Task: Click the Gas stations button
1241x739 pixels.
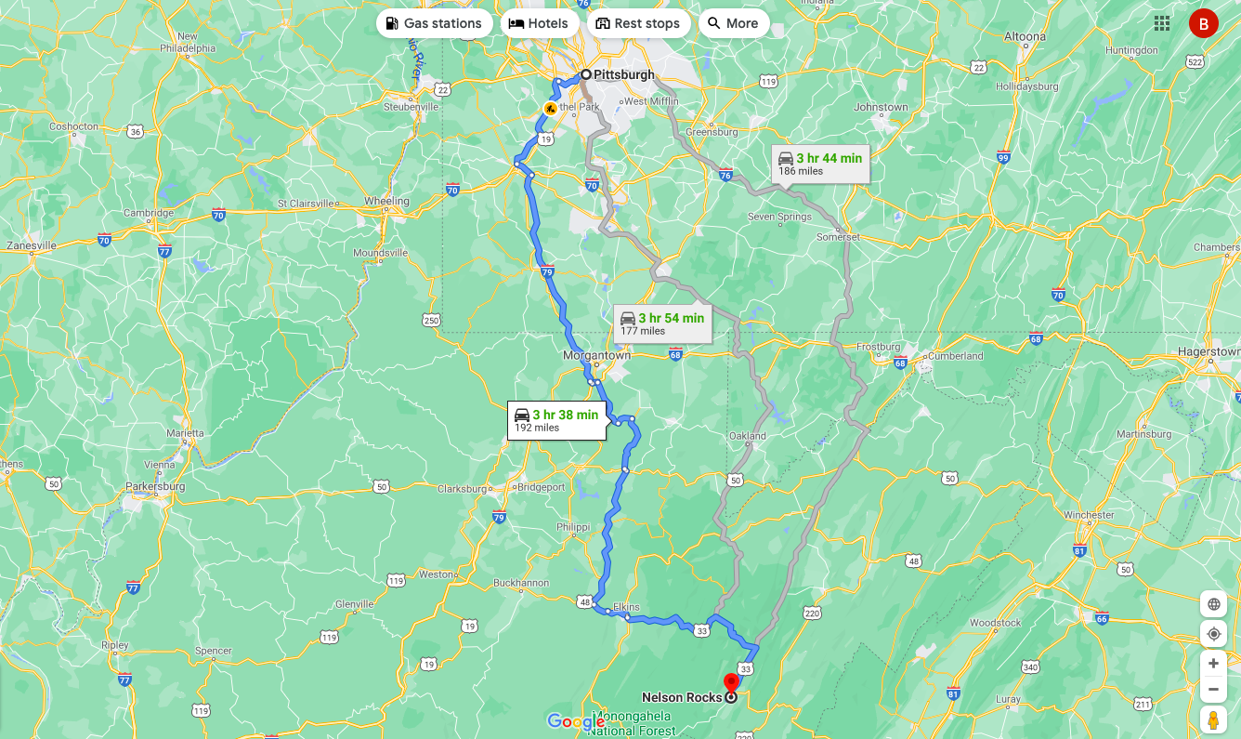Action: tap(434, 23)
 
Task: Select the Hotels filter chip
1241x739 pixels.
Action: tap(540, 23)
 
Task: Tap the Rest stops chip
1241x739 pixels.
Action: tap(638, 23)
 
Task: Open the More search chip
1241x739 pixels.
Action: tap(733, 23)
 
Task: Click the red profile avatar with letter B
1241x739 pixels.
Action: tap(1203, 24)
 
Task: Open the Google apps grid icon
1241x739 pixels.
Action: tap(1162, 23)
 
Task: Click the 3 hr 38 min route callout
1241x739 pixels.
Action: tap(556, 420)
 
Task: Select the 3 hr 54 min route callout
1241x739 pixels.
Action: tap(662, 323)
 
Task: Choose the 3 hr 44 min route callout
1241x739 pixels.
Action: tap(820, 164)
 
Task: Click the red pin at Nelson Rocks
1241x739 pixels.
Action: tap(731, 683)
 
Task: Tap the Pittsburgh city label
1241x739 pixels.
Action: tap(624, 74)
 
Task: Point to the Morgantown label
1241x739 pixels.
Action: tap(596, 355)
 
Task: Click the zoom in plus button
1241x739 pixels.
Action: tap(1213, 664)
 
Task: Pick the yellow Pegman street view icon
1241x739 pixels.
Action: tap(1213, 719)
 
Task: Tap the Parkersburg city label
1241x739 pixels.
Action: tap(155, 486)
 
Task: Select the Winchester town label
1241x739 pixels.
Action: tap(1089, 515)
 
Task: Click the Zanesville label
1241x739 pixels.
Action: tap(31, 245)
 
